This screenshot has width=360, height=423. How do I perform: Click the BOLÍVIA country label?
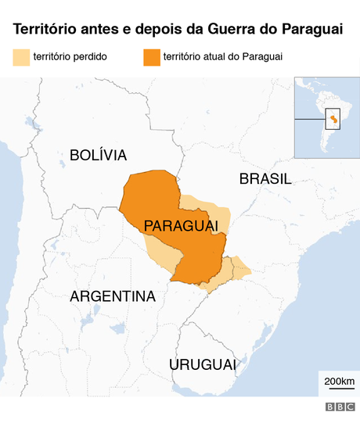98,155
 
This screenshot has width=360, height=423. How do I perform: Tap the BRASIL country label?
265,179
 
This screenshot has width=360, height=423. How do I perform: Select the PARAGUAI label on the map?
180,226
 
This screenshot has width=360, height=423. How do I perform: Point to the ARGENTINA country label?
113,296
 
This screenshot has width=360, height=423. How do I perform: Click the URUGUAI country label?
202,364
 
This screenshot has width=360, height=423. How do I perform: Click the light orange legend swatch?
20,57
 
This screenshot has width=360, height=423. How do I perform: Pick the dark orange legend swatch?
150,57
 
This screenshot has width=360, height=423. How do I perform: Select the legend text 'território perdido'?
70,57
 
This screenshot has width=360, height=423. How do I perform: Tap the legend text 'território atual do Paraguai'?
223,57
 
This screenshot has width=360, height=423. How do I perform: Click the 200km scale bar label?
338,381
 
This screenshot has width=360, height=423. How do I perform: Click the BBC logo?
340,407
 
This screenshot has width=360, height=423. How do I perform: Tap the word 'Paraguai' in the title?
310,30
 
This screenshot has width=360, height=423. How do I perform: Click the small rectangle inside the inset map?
333,119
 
